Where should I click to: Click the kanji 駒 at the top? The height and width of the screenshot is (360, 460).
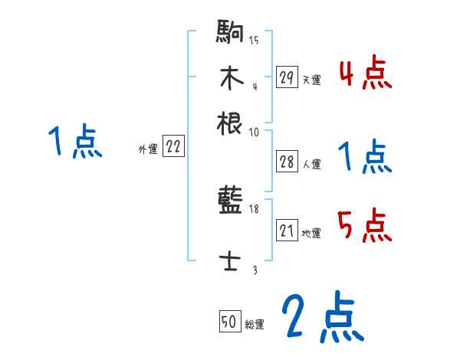pyautogui.click(x=230, y=34)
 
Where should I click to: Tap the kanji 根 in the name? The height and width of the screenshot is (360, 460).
pyautogui.click(x=230, y=123)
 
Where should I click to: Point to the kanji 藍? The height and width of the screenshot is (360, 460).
pyautogui.click(x=230, y=203)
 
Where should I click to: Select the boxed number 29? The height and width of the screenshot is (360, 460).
pyautogui.click(x=287, y=77)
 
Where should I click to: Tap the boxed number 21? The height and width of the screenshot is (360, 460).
pyautogui.click(x=287, y=231)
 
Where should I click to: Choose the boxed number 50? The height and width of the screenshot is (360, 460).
pyautogui.click(x=228, y=322)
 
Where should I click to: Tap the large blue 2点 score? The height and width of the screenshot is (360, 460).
pyautogui.click(x=321, y=317)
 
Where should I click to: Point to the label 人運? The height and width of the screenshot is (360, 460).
pyautogui.click(x=311, y=163)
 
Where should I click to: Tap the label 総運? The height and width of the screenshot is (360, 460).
pyautogui.click(x=255, y=325)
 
